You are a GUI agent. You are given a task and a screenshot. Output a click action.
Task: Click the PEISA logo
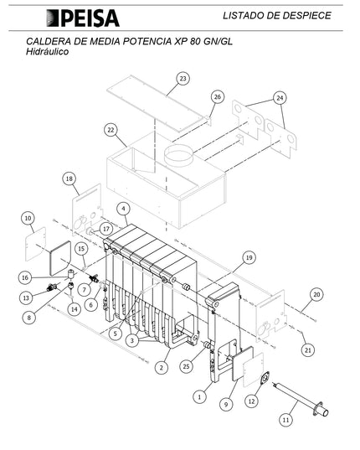pos(83,18)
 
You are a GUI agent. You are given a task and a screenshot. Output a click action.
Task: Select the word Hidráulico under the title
pos(47,52)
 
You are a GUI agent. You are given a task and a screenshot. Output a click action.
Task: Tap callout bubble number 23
pos(183,78)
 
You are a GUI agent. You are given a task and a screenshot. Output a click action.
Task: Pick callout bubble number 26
pos(218,97)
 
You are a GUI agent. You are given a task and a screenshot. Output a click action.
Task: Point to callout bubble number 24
pos(280,98)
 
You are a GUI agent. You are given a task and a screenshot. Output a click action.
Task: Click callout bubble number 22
pos(111,130)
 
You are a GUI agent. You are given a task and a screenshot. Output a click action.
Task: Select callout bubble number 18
pos(69,178)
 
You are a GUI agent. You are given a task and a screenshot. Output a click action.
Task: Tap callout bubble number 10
pos(28,218)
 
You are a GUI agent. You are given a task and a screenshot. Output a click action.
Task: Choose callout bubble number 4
pos(124,209)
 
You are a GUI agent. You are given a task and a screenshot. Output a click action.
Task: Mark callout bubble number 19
pos(249,258)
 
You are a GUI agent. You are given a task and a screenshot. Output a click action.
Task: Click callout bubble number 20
pos(316,294)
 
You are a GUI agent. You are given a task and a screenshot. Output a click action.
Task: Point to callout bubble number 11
pos(285,420)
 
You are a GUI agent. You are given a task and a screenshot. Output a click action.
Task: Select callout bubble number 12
pos(251,401)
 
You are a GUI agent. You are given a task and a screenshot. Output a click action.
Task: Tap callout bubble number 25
pos(187,366)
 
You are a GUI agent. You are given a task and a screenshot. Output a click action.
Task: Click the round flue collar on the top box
pos(178,155)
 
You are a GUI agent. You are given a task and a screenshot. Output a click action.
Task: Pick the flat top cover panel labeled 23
pos(157,103)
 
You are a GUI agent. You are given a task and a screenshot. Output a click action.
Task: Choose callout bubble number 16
pos(25,277)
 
